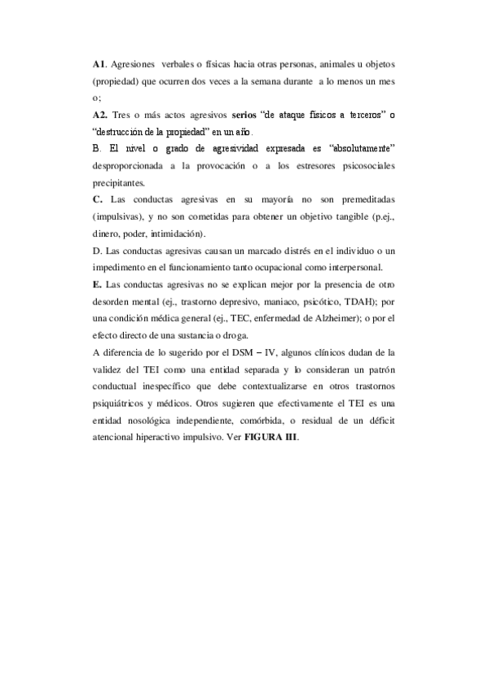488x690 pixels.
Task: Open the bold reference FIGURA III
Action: click(272, 439)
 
